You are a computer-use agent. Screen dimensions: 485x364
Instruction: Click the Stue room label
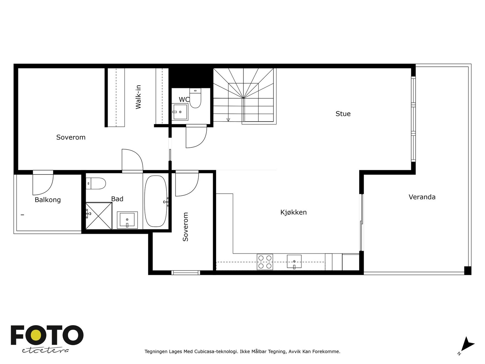click(343, 113)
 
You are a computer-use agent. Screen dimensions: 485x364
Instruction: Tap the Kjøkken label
click(293, 212)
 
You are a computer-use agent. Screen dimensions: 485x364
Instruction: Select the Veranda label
click(422, 197)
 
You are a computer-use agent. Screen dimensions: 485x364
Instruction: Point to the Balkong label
click(48, 200)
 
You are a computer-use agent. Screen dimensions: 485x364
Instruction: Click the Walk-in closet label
click(138, 97)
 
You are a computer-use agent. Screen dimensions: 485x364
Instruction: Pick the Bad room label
click(117, 199)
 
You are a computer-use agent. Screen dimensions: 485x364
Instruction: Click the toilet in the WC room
click(195, 98)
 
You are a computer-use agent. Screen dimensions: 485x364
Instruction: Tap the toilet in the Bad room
click(96, 184)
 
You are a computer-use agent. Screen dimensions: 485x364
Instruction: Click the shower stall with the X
click(99, 216)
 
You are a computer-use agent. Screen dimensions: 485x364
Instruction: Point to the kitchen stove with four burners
click(265, 262)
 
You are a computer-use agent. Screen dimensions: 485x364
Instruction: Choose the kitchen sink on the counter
click(294, 261)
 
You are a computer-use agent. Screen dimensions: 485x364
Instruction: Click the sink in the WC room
click(180, 112)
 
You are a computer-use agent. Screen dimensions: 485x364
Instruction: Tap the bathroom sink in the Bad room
click(127, 220)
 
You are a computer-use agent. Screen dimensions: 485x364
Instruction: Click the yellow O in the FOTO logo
click(36, 335)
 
